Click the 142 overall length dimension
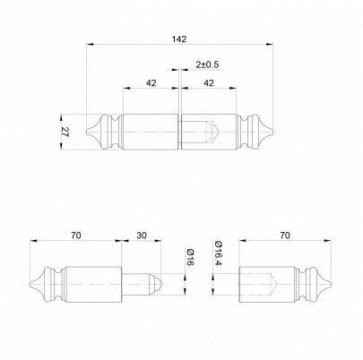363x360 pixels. click(x=179, y=39)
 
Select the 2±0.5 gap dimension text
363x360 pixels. click(x=207, y=64)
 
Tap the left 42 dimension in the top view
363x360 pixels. click(x=151, y=83)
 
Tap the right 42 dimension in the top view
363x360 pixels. click(x=209, y=83)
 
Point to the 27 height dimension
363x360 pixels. click(x=65, y=132)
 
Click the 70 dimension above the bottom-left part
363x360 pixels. click(x=76, y=236)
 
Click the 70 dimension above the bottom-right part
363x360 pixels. click(x=285, y=236)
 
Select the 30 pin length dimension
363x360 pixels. click(x=142, y=236)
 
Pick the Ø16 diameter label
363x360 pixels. click(x=190, y=258)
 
